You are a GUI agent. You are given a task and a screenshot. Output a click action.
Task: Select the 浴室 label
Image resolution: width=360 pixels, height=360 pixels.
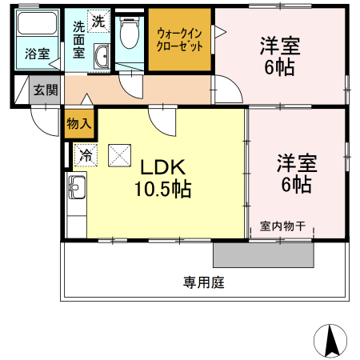(x=36, y=54)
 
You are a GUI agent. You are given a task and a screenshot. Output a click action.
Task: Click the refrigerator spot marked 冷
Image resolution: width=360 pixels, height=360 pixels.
(x=85, y=154)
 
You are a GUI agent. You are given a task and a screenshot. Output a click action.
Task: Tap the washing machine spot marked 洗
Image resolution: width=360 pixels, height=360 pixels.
(x=98, y=22)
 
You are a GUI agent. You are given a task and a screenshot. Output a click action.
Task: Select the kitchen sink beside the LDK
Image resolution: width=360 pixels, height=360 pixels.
(x=76, y=190)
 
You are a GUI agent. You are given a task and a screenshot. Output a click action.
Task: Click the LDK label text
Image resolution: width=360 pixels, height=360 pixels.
(x=163, y=167)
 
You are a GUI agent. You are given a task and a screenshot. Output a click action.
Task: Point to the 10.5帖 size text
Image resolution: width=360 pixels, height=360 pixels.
(x=163, y=190)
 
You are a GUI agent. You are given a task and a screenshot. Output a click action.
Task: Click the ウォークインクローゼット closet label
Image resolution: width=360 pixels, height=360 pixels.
(x=180, y=40)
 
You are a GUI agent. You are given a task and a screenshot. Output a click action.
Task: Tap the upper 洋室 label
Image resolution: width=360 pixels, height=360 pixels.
(x=279, y=46)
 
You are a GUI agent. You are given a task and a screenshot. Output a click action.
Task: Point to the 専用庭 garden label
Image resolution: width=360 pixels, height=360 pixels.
(x=203, y=282)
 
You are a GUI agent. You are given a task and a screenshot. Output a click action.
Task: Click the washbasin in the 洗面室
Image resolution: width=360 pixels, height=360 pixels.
(x=102, y=56)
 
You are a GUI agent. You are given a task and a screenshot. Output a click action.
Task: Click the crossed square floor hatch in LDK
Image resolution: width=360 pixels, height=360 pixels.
(x=121, y=154)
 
